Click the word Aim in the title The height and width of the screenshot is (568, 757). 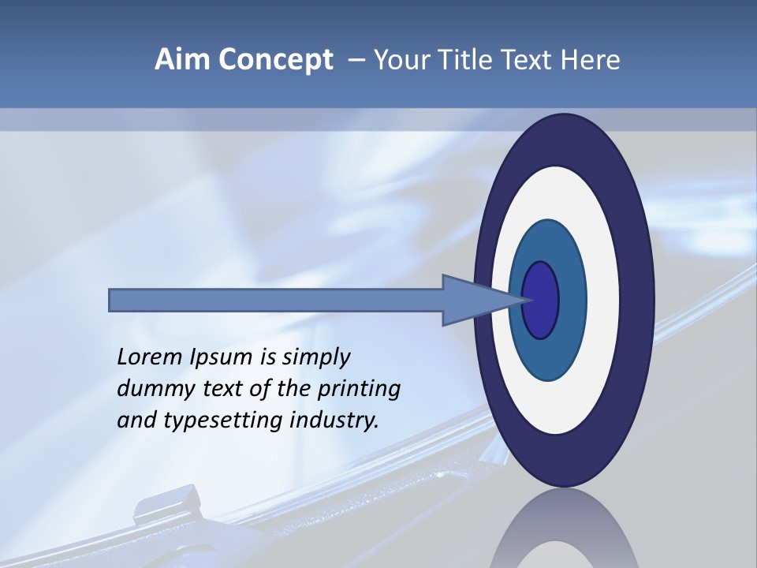coord(180,59)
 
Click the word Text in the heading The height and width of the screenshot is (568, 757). coord(528,59)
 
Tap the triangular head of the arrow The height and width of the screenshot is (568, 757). coord(473,300)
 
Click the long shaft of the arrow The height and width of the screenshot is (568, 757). coord(276,300)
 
